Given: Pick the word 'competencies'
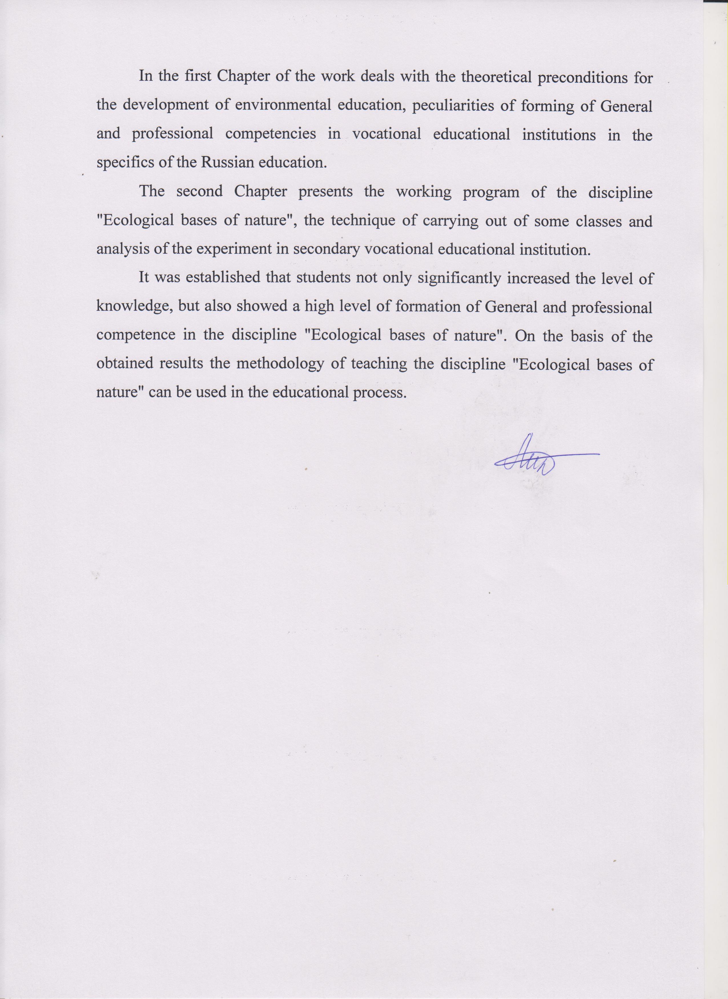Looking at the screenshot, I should pyautogui.click(x=271, y=134).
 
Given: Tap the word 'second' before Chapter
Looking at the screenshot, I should pyautogui.click(x=199, y=192).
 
